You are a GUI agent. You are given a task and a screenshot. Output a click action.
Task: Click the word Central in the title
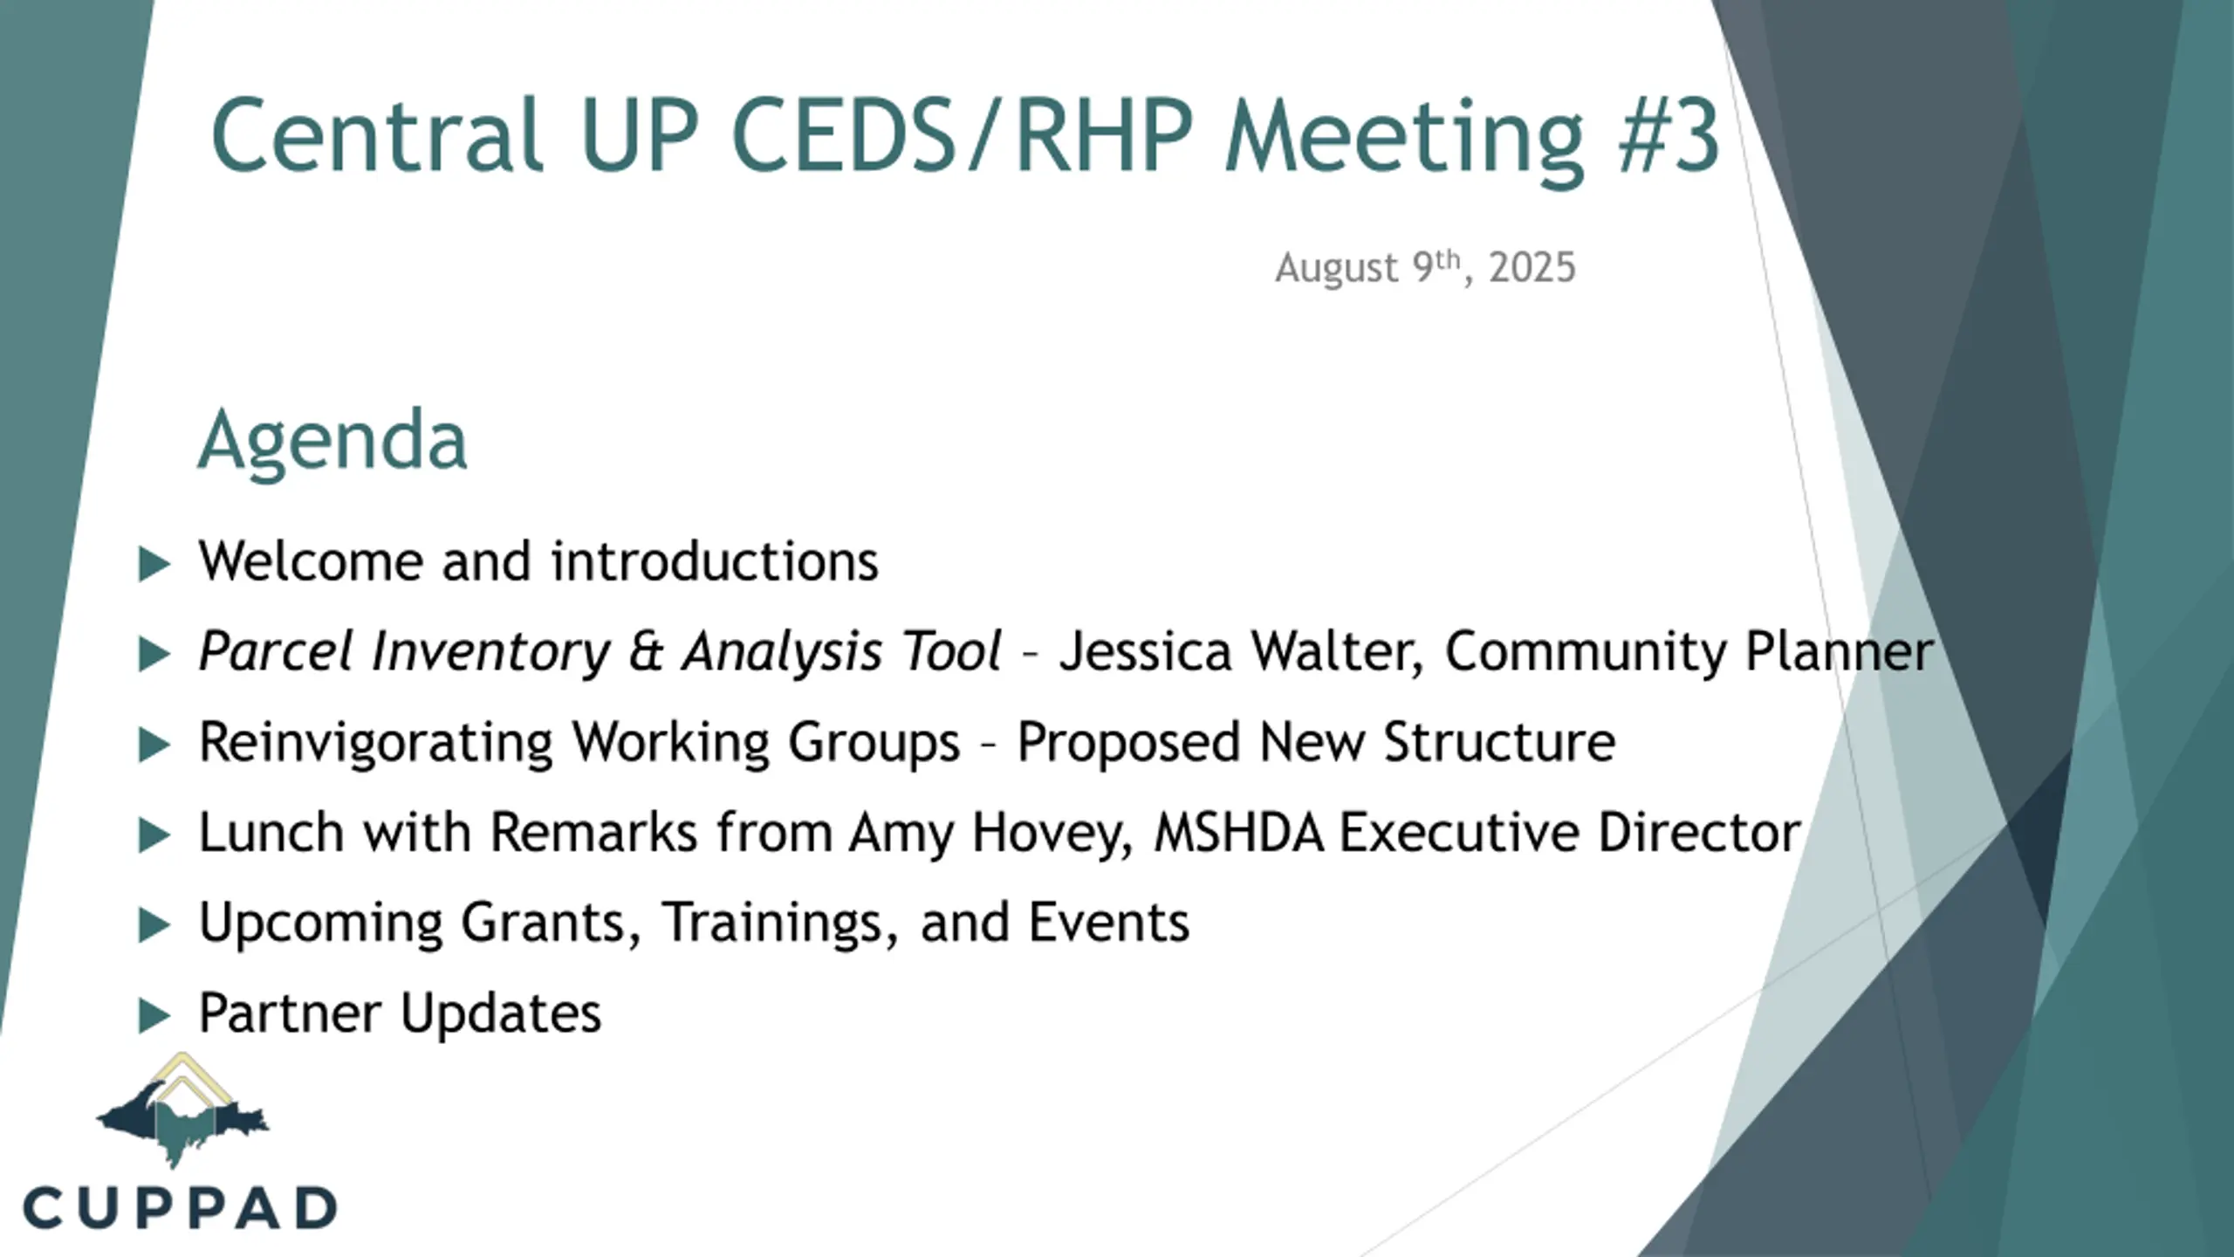pyautogui.click(x=377, y=135)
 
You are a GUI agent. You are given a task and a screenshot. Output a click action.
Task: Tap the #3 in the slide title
pyautogui.click(x=1669, y=135)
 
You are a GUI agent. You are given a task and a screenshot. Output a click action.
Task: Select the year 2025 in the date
pyautogui.click(x=1532, y=268)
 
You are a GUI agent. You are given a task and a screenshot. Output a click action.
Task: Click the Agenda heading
pyautogui.click(x=332, y=441)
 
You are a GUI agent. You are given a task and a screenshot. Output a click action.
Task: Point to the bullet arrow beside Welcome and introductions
pyautogui.click(x=154, y=564)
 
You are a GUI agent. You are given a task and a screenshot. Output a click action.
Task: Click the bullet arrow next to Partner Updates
pyautogui.click(x=154, y=1016)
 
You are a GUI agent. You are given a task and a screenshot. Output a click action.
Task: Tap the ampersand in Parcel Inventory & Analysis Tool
pyautogui.click(x=646, y=652)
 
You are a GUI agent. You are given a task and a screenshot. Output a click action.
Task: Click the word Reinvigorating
pyautogui.click(x=376, y=744)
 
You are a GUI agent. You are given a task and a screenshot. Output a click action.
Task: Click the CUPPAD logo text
pyautogui.click(x=180, y=1208)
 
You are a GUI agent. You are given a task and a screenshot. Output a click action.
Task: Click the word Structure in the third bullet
pyautogui.click(x=1499, y=742)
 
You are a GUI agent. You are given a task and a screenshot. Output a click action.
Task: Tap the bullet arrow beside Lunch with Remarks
pyautogui.click(x=154, y=835)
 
